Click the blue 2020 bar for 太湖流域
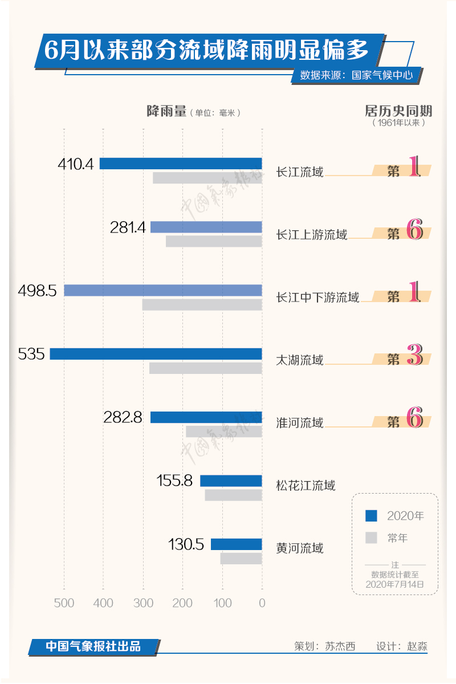tap(156, 354)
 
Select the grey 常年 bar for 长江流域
tap(207, 178)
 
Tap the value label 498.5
tap(38, 291)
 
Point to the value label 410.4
tap(75, 164)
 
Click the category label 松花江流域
tap(306, 486)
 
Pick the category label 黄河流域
tap(300, 548)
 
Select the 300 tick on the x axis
tap(144, 603)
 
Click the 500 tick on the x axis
tap(64, 603)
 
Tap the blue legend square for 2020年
tap(371, 516)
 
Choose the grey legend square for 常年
tap(371, 538)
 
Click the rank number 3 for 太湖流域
tap(414, 356)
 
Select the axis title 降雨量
tap(166, 112)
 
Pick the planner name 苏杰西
tap(340, 646)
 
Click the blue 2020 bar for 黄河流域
tap(237, 544)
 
